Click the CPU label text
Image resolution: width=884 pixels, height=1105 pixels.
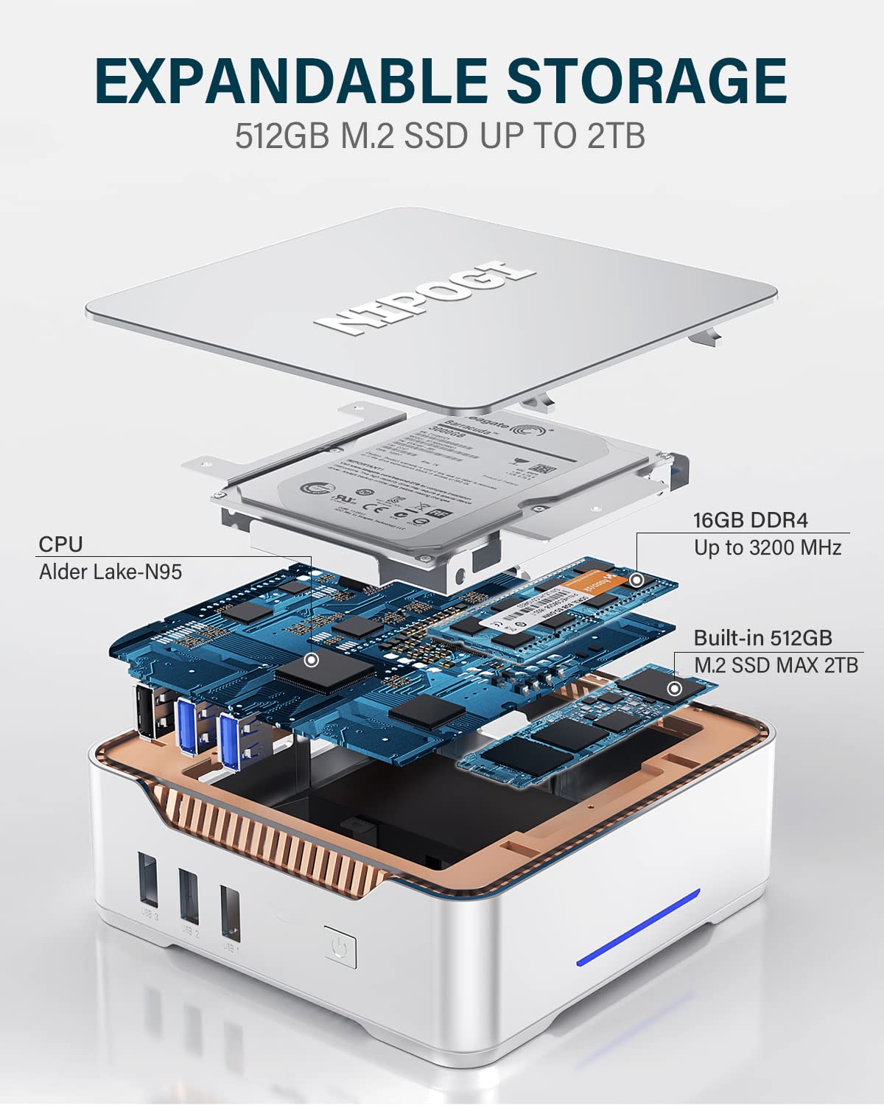tap(60, 544)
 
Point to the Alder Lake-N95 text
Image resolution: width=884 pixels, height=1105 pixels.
tap(110, 572)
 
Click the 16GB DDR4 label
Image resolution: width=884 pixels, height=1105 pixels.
tap(750, 520)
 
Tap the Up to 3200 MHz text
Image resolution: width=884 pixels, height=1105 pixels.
tap(767, 547)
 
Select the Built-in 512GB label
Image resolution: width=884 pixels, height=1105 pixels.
tap(762, 638)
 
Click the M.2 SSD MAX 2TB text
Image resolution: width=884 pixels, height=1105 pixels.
tap(776, 665)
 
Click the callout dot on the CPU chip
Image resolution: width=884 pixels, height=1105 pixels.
tap(312, 660)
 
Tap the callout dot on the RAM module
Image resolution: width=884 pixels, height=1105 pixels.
tap(637, 580)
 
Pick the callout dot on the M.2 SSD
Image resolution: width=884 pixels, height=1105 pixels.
tap(673, 690)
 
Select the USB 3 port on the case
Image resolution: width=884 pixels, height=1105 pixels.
tap(147, 880)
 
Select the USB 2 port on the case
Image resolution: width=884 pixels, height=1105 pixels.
tap(189, 896)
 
